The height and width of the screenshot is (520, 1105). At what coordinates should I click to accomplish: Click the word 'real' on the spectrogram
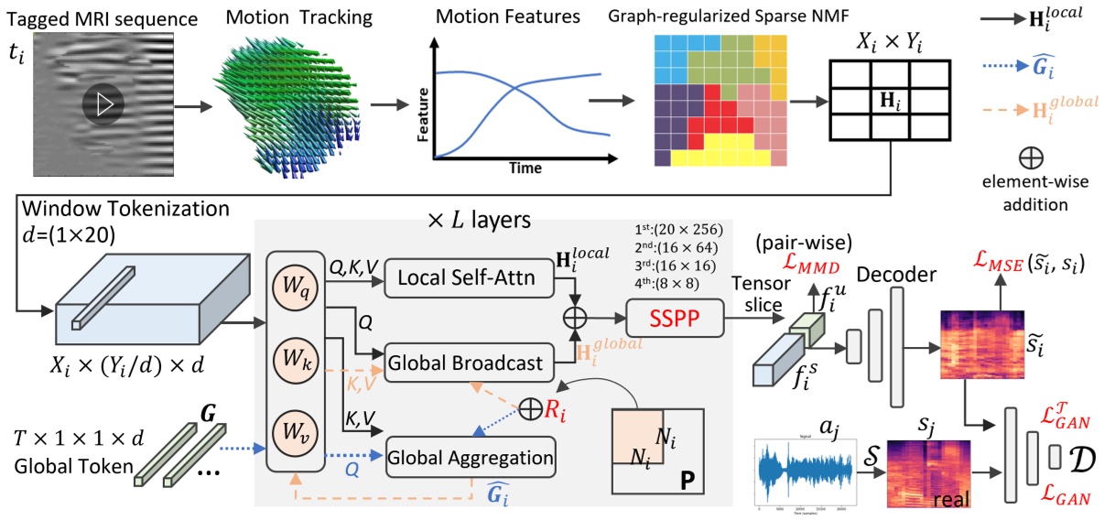952,502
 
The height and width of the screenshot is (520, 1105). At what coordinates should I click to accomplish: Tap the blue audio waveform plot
807,473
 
